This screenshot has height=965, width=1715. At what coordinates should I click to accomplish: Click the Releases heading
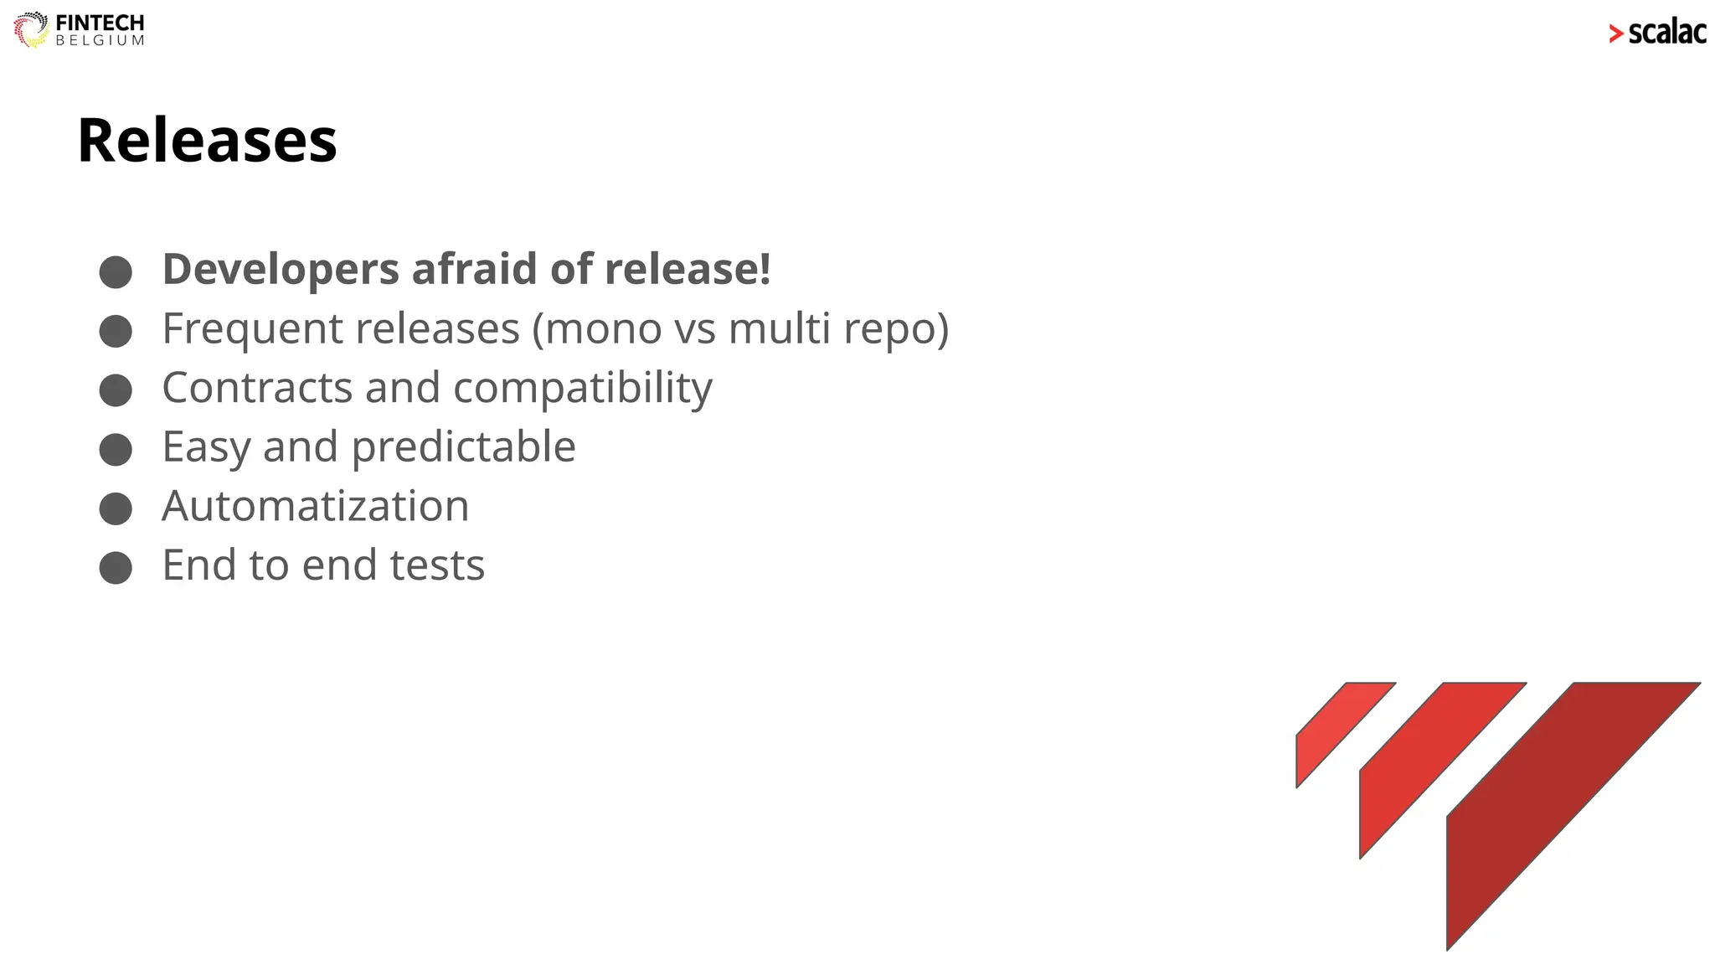point(207,140)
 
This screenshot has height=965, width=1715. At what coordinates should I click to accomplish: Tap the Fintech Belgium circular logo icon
point(31,29)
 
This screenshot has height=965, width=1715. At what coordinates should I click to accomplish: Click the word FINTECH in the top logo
point(100,23)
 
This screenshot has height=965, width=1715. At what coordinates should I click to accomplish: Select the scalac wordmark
point(1666,33)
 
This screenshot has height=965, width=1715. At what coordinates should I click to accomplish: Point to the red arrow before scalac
point(1615,34)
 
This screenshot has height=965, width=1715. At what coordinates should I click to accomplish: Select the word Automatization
point(315,506)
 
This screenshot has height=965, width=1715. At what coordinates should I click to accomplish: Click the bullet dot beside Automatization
point(116,508)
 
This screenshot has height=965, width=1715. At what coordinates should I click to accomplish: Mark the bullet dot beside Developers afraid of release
point(116,272)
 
